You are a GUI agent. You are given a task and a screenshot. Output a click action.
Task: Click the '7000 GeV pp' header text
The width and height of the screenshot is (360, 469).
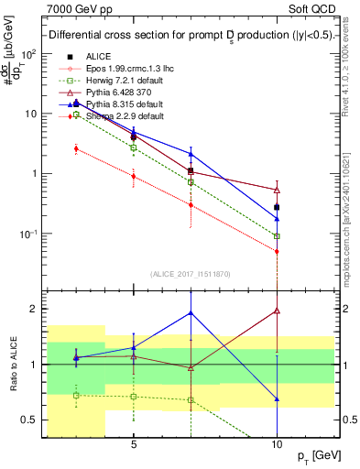pos(79,7)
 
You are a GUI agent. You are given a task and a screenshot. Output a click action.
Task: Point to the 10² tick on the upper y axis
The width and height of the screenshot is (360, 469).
pos(27,53)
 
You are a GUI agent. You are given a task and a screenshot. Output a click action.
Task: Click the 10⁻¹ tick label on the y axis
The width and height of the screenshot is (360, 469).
pos(27,234)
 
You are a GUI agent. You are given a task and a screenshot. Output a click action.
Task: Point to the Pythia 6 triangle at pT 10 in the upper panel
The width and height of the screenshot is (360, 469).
pos(277,190)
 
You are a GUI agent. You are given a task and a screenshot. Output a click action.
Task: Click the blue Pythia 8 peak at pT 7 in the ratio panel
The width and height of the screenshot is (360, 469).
pos(191,312)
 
